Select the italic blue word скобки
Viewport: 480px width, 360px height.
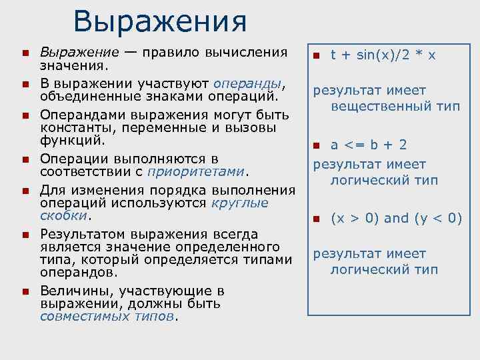pos(63,215)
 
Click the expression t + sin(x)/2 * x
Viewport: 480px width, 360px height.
pos(383,55)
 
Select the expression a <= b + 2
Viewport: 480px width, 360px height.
pos(378,145)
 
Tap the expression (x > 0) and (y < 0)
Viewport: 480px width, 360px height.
pos(397,218)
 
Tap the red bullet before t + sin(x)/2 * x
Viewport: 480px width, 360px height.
pos(318,55)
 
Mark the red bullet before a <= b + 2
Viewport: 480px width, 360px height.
pos(318,145)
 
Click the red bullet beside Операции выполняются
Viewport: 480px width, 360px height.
pos(25,159)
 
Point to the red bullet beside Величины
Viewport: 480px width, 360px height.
pos(25,291)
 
